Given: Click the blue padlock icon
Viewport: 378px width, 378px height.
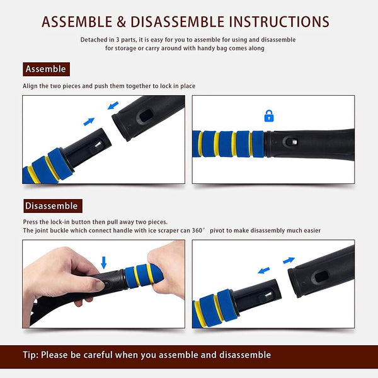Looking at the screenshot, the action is point(269,116).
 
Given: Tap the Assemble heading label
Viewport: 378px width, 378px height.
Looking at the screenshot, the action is point(46,69).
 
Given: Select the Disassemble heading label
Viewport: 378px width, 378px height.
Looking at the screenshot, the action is point(53,206).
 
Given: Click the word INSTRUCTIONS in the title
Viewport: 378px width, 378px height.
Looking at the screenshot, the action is point(279,21).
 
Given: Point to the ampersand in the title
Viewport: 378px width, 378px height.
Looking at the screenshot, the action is point(122,21).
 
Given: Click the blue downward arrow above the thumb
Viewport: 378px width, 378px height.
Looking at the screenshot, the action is point(104,263).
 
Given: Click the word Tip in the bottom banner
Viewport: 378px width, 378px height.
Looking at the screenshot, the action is point(30,355).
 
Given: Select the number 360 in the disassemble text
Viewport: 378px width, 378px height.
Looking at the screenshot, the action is point(197,231).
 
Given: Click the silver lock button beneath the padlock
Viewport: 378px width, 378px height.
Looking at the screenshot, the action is point(294,142).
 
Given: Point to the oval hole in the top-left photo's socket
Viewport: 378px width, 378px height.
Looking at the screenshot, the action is point(146,115).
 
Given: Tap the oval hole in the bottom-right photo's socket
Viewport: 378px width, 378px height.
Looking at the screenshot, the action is point(321,277).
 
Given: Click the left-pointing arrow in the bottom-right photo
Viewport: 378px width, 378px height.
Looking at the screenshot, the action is point(263,270).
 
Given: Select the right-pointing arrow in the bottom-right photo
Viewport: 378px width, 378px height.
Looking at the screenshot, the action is point(289,260).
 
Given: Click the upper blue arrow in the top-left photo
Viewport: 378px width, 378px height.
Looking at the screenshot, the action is point(113,105).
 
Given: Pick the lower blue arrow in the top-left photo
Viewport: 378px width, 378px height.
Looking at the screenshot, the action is point(89,122).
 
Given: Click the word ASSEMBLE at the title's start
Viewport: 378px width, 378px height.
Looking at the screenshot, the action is point(77,21).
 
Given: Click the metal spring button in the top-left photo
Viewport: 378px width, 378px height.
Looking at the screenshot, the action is point(98,145).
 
